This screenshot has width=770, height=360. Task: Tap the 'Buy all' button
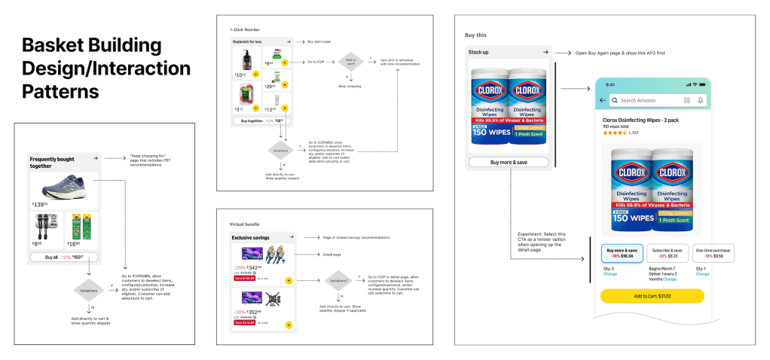click(x=63, y=257)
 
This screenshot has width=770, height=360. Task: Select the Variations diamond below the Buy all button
click(x=89, y=290)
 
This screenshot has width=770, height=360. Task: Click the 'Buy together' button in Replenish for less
click(x=257, y=120)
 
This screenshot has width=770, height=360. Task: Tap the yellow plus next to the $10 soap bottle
click(x=256, y=75)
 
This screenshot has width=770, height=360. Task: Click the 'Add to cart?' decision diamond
click(x=351, y=63)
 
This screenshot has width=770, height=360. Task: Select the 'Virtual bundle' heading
click(x=244, y=224)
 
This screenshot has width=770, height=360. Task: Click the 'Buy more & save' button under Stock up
click(x=509, y=162)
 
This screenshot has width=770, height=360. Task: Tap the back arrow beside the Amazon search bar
click(x=602, y=100)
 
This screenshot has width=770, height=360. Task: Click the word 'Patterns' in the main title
click(x=61, y=92)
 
